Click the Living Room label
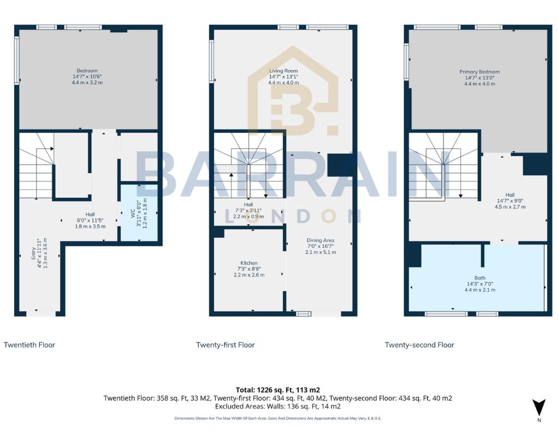tap(283, 71)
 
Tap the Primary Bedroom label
tap(479, 72)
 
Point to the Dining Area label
tap(320, 240)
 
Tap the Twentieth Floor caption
tap(29, 345)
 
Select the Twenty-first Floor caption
tap(225, 345)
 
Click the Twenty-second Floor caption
tap(419, 345)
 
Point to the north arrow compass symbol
tap(538, 408)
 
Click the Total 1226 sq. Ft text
tap(278, 390)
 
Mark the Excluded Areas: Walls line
tap(278, 406)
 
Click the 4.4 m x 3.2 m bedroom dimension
tap(87, 83)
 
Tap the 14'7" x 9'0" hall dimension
tap(510, 201)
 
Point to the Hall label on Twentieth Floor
tap(90, 215)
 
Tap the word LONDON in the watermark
tap(293, 216)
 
